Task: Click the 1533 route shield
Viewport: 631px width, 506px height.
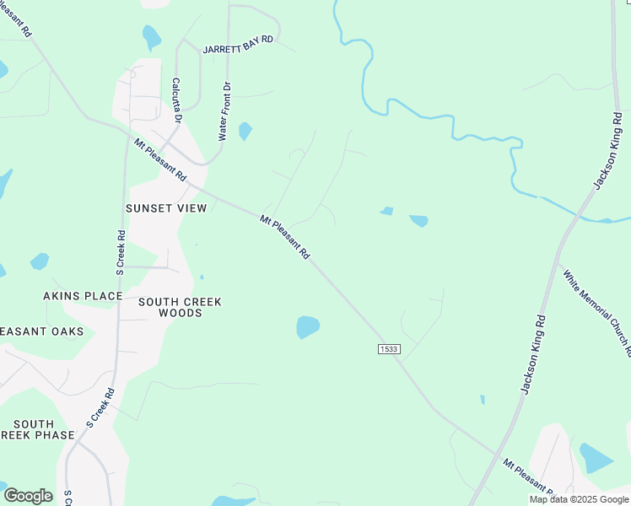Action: pos(389,349)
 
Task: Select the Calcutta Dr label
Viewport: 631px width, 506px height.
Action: pos(176,100)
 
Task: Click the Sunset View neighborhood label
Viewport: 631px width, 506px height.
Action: pos(165,207)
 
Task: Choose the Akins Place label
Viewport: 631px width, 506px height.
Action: pos(83,296)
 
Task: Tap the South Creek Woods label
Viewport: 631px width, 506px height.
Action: pos(181,307)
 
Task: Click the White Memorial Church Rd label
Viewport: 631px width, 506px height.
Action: pos(596,311)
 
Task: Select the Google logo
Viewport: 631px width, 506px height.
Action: pos(28,495)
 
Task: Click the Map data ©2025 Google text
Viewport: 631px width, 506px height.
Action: pos(579,499)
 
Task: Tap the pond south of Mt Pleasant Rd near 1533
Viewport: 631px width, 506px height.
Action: pos(308,326)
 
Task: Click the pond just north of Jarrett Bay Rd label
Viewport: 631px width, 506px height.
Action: pos(152,36)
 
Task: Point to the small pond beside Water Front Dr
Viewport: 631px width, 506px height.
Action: pos(245,131)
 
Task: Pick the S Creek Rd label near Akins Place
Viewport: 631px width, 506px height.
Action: pos(120,253)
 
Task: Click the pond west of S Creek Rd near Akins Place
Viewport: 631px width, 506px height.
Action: pos(40,261)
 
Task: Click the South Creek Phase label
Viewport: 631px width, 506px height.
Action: pos(37,429)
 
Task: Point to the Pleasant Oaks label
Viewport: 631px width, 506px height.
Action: pos(42,331)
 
